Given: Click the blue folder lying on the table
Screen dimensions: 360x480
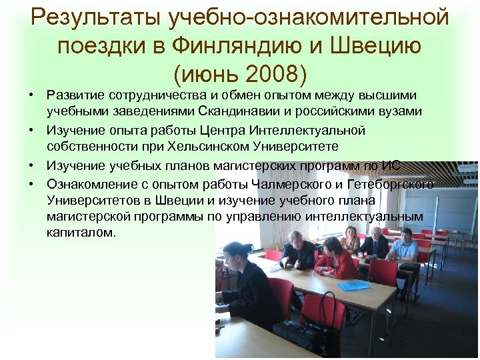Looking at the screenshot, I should point(353,285).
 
